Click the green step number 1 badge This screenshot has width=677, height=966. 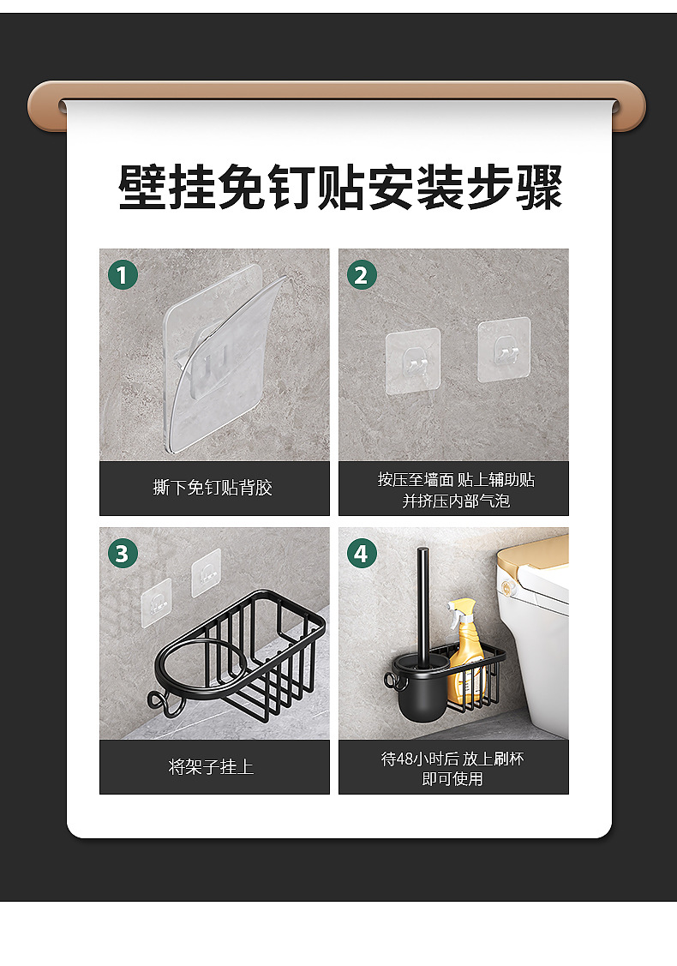tap(123, 275)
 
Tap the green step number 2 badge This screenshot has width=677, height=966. tap(362, 275)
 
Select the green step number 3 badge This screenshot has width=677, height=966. tap(123, 553)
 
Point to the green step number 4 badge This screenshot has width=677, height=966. tap(362, 553)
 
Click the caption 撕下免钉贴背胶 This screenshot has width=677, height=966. tap(213, 488)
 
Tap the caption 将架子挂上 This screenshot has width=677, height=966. tap(212, 766)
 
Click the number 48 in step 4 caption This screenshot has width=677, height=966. tap(405, 759)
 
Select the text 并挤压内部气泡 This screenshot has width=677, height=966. tap(456, 501)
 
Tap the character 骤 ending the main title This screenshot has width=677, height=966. tap(539, 187)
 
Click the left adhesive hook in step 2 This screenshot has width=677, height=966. tap(413, 361)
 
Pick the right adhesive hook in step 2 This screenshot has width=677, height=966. tap(504, 350)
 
